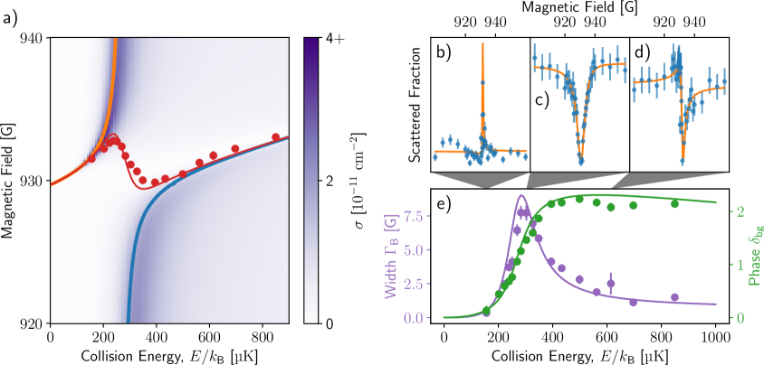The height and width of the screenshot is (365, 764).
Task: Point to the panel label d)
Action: [638, 51]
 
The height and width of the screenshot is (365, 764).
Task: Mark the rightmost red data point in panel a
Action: [276, 137]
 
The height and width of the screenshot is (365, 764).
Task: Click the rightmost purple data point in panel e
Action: [674, 297]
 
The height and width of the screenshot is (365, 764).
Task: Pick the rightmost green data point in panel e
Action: [674, 203]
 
